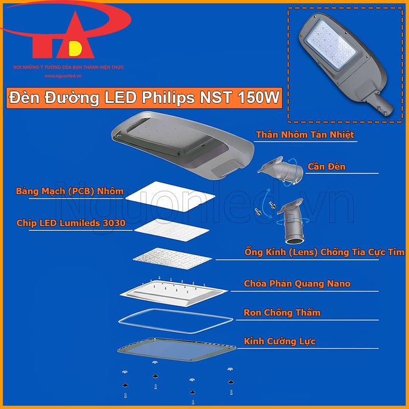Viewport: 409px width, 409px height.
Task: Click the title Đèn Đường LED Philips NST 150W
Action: tap(144, 98)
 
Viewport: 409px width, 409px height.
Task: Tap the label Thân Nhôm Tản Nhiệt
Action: tap(305, 135)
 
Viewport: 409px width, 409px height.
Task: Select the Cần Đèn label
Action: tap(326, 167)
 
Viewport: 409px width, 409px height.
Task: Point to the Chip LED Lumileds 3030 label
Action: tap(71, 223)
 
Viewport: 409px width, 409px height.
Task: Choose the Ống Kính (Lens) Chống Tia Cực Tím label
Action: tap(324, 253)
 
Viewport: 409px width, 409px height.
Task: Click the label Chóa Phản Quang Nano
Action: tap(297, 283)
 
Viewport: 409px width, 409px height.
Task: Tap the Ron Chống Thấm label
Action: tap(282, 312)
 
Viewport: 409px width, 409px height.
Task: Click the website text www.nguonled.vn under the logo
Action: tap(63, 76)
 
